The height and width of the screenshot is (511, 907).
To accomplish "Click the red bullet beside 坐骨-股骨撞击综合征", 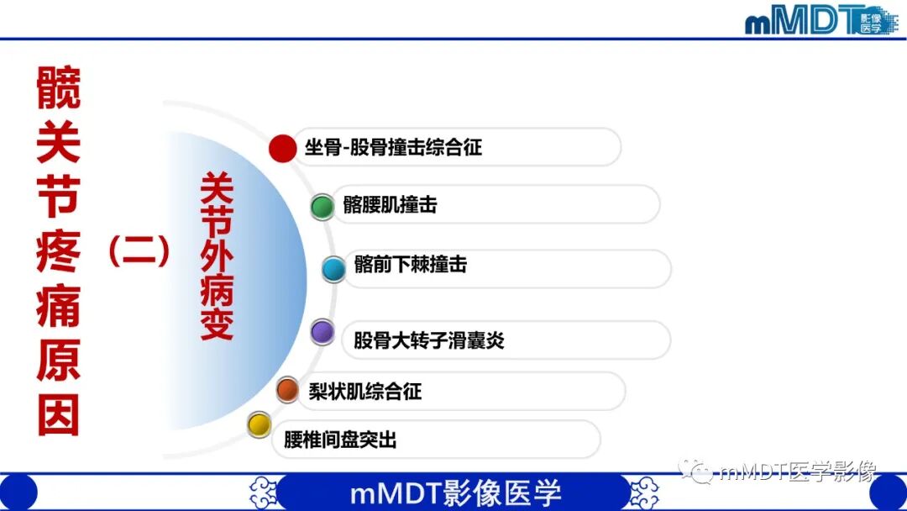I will pyautogui.click(x=283, y=148).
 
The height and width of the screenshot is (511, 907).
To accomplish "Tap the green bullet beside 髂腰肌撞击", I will pyautogui.click(x=322, y=206).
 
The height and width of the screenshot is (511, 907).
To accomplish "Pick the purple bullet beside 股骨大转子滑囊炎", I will pyautogui.click(x=322, y=333).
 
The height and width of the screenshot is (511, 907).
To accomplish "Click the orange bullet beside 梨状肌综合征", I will pyautogui.click(x=287, y=389).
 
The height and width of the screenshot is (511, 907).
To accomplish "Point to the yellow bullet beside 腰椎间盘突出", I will pyautogui.click(x=260, y=424).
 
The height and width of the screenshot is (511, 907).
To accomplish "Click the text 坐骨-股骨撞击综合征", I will pyautogui.click(x=393, y=149).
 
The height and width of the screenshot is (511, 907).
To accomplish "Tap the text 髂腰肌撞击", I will pyautogui.click(x=390, y=205).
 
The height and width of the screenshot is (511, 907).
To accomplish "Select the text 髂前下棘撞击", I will pyautogui.click(x=411, y=266).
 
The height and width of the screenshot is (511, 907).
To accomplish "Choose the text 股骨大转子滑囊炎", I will pyautogui.click(x=428, y=340).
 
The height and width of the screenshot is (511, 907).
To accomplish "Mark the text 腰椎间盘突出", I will pyautogui.click(x=340, y=440).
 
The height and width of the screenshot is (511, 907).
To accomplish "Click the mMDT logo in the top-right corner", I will pyautogui.click(x=819, y=19).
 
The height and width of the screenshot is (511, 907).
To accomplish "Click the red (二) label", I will pyautogui.click(x=139, y=250).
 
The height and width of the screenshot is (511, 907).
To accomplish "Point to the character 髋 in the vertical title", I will pyautogui.click(x=59, y=88).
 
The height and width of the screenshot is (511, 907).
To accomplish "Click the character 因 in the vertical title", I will pyautogui.click(x=59, y=414).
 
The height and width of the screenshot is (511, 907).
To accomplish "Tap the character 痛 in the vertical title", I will pyautogui.click(x=59, y=307).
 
